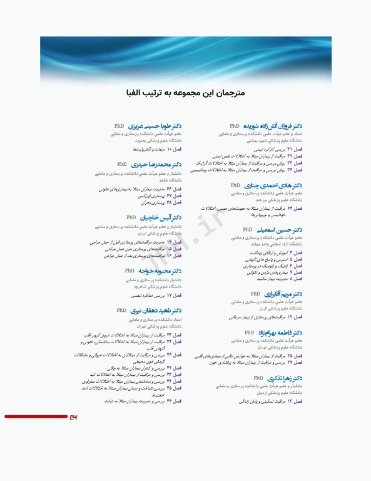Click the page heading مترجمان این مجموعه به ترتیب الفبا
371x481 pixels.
tap(185, 93)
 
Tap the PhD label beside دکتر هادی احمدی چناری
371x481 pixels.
tap(235, 185)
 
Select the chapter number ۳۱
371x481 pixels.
tap(290, 150)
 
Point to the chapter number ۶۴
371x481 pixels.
tap(290, 208)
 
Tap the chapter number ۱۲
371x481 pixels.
tap(290, 317)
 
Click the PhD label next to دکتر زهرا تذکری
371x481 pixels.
tap(258, 378)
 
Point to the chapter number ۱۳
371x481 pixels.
tap(290, 401)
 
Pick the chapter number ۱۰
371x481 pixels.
tap(169, 150)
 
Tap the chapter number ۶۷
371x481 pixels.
tap(169, 195)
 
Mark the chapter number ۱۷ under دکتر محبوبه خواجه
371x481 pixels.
tap(169, 294)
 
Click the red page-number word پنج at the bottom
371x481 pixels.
tap(73, 416)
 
